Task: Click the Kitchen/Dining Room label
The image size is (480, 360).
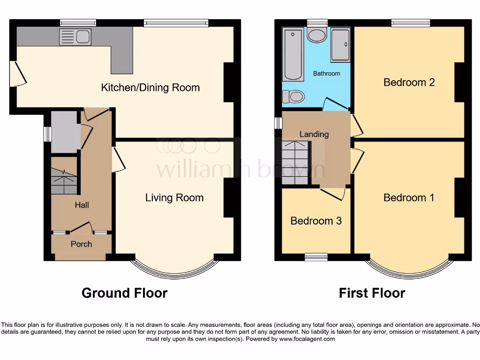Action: [150, 88]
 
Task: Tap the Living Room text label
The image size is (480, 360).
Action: [174, 198]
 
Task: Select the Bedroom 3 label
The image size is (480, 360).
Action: [316, 221]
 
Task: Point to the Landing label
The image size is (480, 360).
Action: [314, 135]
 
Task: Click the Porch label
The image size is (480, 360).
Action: [81, 244]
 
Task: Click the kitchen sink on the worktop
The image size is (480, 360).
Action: [75, 37]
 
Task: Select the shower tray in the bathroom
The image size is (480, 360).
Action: [340, 45]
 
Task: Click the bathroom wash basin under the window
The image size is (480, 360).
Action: [317, 35]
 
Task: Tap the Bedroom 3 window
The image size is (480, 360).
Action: [316, 256]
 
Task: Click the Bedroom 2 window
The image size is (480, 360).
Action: [411, 22]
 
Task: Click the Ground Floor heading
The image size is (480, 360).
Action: [124, 293]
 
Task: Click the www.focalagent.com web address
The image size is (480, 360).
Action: [307, 339]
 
